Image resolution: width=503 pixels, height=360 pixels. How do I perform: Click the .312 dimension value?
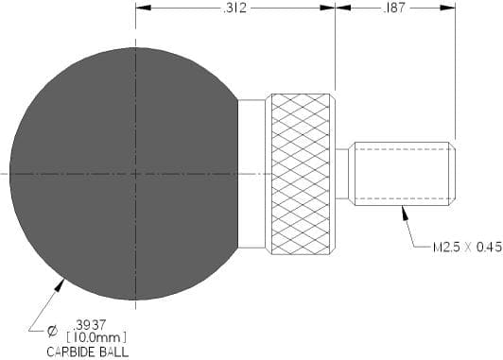click(x=234, y=8)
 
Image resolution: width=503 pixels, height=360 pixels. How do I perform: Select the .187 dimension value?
click(x=394, y=8)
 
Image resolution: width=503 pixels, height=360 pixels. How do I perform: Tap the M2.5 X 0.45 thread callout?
click(x=467, y=248)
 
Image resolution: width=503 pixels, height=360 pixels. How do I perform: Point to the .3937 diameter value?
click(x=89, y=325)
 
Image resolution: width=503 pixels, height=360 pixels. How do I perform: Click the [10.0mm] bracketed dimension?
click(x=96, y=337)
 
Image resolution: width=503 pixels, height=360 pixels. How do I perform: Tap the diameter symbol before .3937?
click(x=52, y=331)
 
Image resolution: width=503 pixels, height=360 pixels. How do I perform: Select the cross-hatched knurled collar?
click(x=301, y=174)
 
